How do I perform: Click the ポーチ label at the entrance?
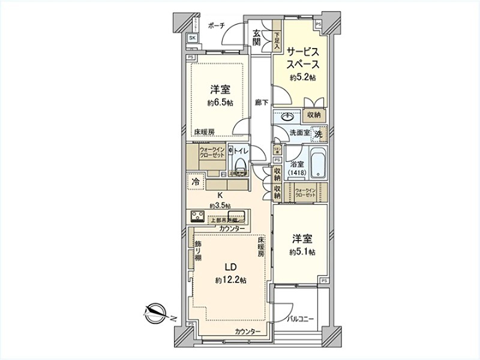click(x=216, y=26)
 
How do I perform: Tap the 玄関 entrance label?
click(x=256, y=37)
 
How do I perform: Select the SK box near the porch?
click(x=192, y=38)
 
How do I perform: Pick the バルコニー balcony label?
click(x=301, y=319)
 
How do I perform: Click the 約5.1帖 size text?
click(x=302, y=251)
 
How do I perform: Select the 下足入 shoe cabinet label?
click(x=277, y=41)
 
